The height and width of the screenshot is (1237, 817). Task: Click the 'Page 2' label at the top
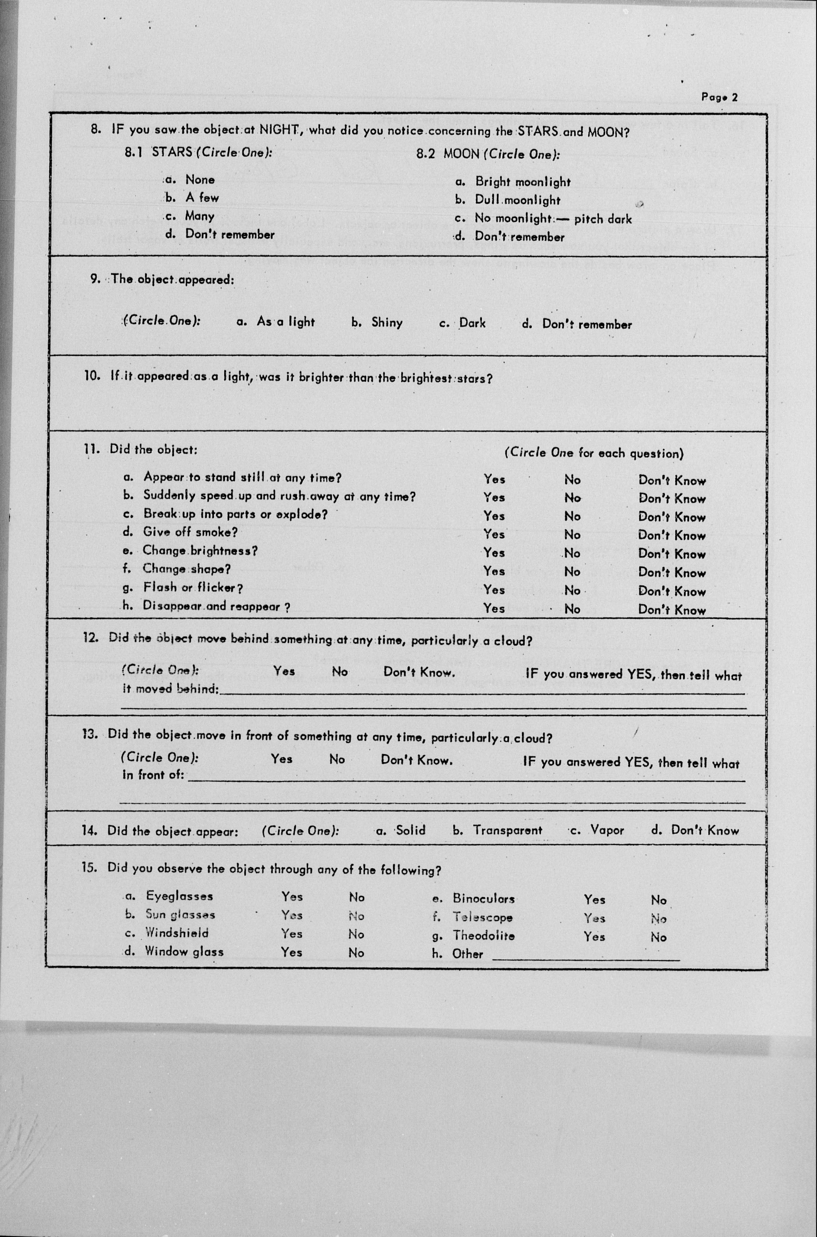[x=719, y=97]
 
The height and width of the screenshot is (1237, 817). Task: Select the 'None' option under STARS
[x=199, y=180]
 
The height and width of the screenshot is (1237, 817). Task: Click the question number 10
[x=92, y=376]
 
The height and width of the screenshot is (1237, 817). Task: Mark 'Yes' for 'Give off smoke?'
[x=493, y=534]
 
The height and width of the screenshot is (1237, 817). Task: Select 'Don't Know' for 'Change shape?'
[x=671, y=572]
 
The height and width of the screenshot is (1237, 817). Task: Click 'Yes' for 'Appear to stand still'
[x=494, y=479]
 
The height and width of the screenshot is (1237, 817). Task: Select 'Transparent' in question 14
[x=507, y=830]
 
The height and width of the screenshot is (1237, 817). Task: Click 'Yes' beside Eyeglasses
[x=292, y=897]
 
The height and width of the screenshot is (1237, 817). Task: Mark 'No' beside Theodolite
[x=658, y=937]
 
